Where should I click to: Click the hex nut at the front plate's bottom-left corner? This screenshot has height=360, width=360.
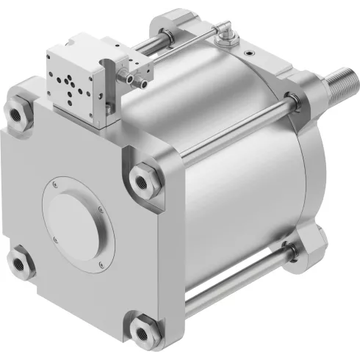point(18,262)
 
